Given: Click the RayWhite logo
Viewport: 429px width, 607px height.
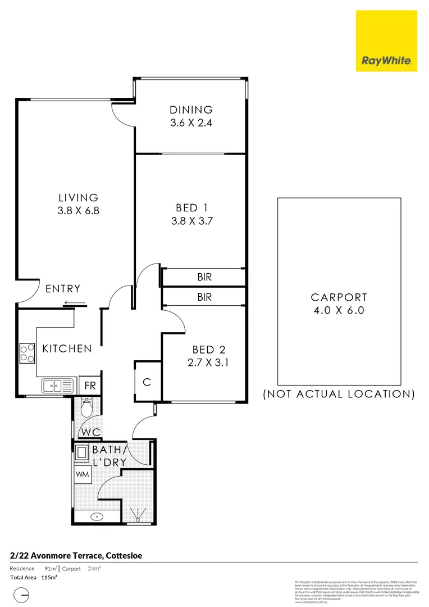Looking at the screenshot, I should click(386, 41).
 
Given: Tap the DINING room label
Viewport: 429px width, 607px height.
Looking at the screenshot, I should click(191, 110).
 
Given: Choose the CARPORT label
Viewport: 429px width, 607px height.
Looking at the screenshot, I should click(339, 297).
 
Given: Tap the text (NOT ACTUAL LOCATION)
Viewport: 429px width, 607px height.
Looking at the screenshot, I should click(339, 394).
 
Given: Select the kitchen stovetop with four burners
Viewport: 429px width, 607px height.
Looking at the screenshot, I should click(27, 353).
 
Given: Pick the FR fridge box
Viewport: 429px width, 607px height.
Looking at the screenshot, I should click(90, 386).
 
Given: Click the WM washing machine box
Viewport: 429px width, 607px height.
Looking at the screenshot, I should click(82, 474).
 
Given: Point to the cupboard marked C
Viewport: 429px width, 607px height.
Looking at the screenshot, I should click(147, 382).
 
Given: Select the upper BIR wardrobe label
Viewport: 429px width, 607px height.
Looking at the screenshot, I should click(204, 277).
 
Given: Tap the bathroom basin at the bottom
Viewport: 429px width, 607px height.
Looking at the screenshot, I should click(97, 516).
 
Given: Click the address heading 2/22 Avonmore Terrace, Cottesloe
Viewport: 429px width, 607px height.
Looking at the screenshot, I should click(76, 556).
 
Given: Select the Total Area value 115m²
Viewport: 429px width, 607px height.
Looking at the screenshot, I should click(49, 577).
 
